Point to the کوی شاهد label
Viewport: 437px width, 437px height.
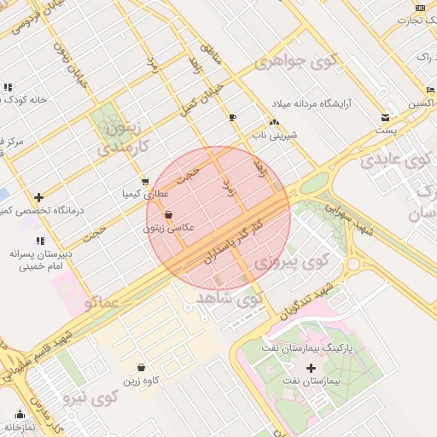pos(229,299)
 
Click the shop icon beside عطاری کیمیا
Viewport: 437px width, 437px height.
pos(145,181)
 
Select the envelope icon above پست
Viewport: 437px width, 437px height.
pos(386,118)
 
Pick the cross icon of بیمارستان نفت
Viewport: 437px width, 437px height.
pos(311,368)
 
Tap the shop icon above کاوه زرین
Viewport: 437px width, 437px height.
pos(140,368)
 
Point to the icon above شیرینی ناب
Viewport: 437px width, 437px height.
pos(274,123)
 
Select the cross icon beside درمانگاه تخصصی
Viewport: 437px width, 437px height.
pos(38,197)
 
